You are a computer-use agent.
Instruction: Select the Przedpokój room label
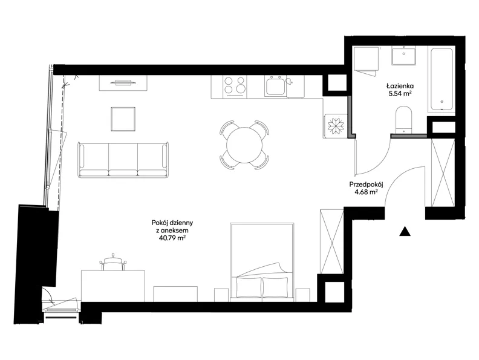[367, 185]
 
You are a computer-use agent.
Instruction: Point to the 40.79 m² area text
[172, 238]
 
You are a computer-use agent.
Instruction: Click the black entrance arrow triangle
[405, 232]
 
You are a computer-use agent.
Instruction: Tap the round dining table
[244, 145]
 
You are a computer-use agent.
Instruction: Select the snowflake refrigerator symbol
[336, 125]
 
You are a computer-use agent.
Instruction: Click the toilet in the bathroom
[405, 120]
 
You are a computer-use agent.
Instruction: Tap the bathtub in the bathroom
[442, 80]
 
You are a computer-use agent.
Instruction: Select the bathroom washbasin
[404, 56]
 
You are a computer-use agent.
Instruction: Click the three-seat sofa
[123, 160]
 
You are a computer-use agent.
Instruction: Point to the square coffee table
[123, 119]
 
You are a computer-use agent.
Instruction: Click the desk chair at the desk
[113, 262]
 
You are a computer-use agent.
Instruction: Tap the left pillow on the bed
[249, 287]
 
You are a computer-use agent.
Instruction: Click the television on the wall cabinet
[123, 82]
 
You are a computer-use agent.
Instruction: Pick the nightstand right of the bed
[302, 295]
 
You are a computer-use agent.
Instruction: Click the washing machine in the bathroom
[367, 59]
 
